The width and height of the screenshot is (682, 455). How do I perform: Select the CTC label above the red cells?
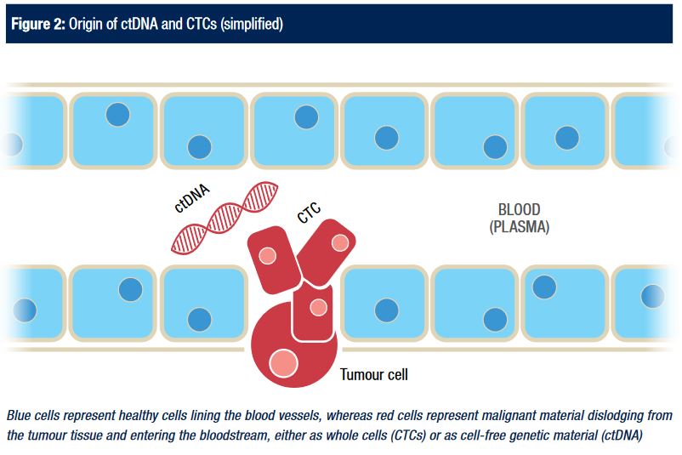(x=309, y=213)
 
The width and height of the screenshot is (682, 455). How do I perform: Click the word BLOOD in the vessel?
(x=519, y=210)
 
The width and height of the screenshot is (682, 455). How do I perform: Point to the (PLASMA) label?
(x=519, y=227)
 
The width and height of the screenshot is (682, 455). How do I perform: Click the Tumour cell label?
(x=379, y=373)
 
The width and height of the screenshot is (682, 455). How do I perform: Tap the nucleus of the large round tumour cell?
(x=282, y=364)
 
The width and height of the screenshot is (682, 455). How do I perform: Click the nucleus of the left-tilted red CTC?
(x=267, y=255)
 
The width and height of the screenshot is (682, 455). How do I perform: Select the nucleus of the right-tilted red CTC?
(x=339, y=243)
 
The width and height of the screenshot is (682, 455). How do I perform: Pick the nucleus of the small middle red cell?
(x=318, y=307)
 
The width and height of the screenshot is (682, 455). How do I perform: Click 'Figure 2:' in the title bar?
(x=37, y=23)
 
